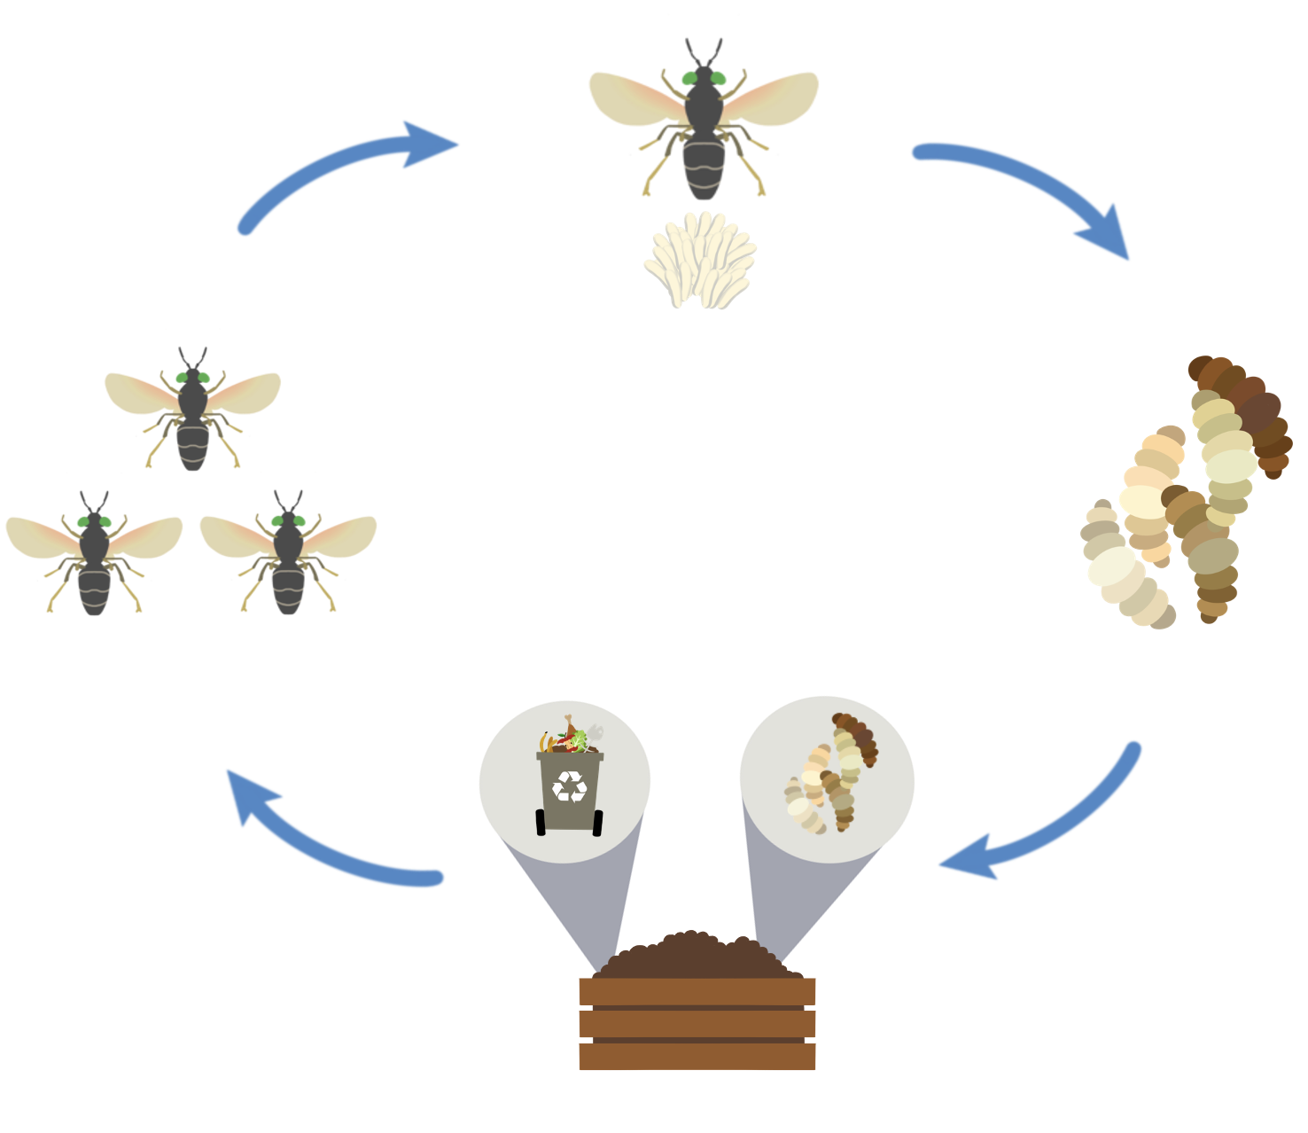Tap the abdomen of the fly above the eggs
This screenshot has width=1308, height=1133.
(704, 168)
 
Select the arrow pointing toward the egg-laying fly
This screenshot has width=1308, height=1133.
(346, 168)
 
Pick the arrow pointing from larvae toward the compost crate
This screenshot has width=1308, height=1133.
(1046, 824)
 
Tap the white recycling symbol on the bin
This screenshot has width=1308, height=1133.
(569, 785)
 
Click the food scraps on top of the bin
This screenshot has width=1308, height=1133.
(569, 738)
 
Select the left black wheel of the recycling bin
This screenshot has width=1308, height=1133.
(541, 822)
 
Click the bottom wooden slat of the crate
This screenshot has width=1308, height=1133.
(697, 1056)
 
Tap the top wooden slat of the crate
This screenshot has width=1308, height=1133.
(697, 991)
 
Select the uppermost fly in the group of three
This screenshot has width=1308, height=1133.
(192, 412)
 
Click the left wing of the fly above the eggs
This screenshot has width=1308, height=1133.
(634, 98)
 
